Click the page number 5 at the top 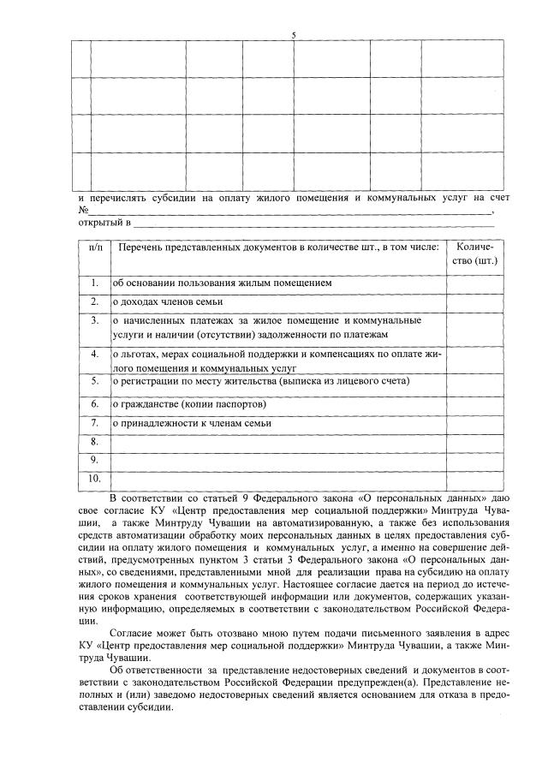[294, 35]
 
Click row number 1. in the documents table [95, 282]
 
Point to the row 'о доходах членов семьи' [168, 301]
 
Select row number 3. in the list [95, 320]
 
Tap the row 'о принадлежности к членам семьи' [193, 423]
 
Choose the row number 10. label [95, 478]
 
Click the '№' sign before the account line [83, 210]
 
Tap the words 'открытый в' [104, 224]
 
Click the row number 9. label [95, 460]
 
